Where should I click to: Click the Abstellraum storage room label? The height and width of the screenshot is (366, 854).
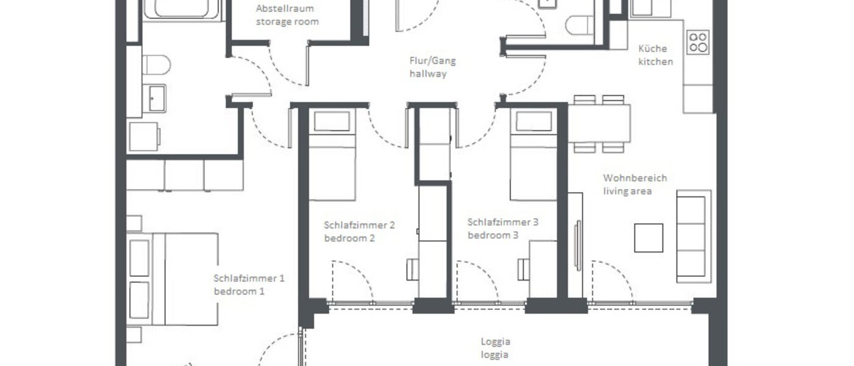click(x=287, y=16)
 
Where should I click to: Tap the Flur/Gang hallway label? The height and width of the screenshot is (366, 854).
click(x=432, y=67)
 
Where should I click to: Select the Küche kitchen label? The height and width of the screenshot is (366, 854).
click(x=656, y=55)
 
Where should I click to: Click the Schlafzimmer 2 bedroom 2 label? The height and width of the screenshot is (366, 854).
click(x=359, y=231)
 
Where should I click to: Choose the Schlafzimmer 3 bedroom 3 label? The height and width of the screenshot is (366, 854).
click(x=503, y=229)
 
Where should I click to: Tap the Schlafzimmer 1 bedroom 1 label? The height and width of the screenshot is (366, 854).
click(x=249, y=285)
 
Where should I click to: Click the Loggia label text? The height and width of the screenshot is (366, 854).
click(x=495, y=348)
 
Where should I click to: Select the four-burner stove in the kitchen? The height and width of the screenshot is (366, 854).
click(x=698, y=42)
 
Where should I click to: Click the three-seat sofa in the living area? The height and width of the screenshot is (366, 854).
click(x=694, y=235)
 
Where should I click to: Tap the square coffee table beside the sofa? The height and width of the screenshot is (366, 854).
click(x=648, y=238)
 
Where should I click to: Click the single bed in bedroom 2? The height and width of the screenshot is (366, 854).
click(x=332, y=156)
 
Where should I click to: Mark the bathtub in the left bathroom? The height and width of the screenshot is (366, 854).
click(x=181, y=9)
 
